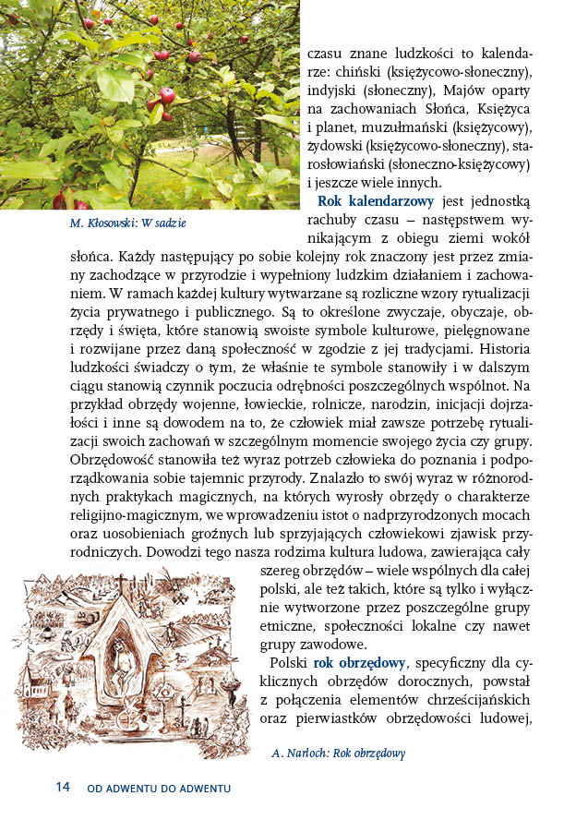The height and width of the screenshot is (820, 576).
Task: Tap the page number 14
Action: coord(62,787)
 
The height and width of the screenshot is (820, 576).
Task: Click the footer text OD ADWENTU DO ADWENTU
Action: coord(158,789)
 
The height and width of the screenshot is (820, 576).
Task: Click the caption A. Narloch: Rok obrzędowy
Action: coord(338,753)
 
